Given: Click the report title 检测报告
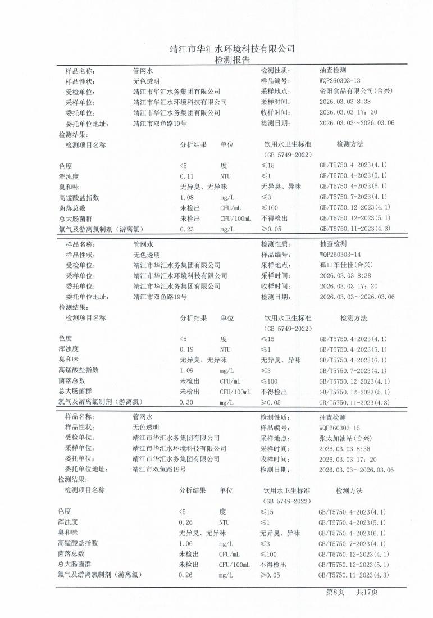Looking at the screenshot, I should tap(232, 60).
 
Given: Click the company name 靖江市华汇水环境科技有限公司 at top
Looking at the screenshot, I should tap(232, 49).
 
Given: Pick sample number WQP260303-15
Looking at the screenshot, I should tap(343, 428).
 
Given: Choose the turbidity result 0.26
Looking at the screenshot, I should tap(185, 522).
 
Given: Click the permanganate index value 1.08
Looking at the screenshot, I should tap(186, 197).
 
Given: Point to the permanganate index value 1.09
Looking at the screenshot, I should tap(186, 371).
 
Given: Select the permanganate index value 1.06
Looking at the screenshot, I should tap(186, 544).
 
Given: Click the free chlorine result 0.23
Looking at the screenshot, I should tap(186, 229).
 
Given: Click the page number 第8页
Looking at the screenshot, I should tap(335, 592).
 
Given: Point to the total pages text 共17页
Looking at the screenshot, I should tap(367, 592).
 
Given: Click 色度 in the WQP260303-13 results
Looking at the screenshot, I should tap(66, 166).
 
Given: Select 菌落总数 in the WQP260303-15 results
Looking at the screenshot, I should tap(71, 554).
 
